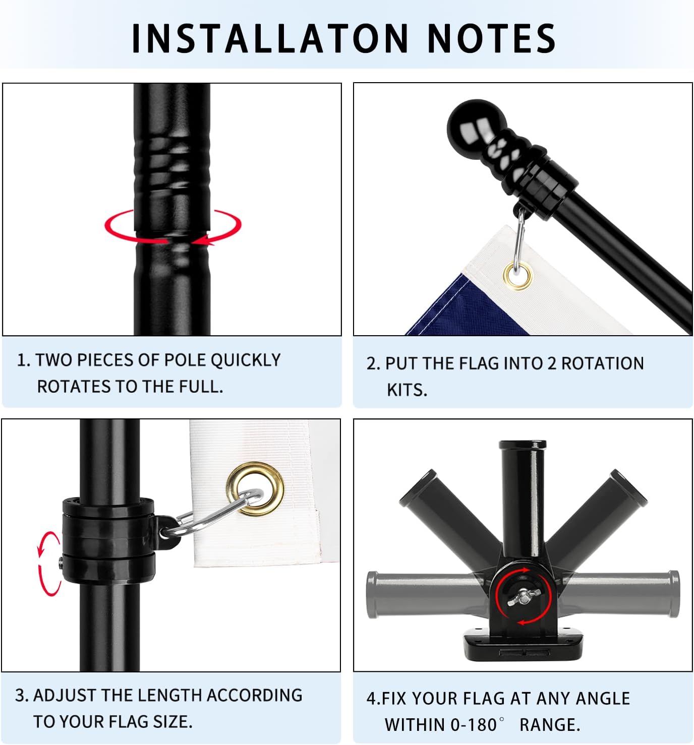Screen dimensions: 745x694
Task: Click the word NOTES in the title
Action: tap(491, 38)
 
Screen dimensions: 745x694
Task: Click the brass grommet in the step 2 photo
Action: tap(517, 275)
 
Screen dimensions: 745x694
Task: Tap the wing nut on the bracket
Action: tap(523, 596)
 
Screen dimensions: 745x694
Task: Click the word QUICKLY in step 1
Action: tap(245, 360)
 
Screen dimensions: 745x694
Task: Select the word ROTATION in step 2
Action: tap(602, 363)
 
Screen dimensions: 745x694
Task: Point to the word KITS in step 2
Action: tap(407, 390)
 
